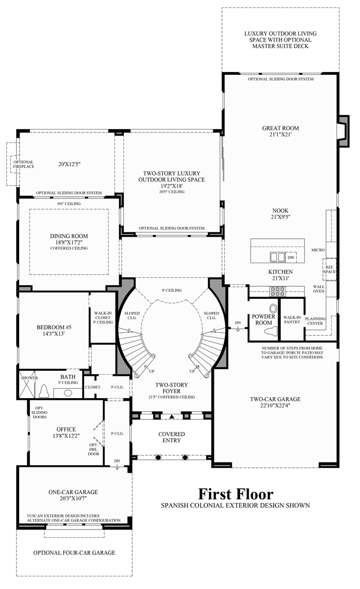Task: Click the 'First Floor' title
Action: [236, 494]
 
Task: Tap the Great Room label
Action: [280, 128]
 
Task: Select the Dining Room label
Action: [69, 236]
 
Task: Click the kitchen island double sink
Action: [278, 256]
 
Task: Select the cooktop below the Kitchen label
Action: [278, 290]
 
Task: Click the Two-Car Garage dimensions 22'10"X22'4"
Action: [275, 406]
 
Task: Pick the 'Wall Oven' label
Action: [319, 289]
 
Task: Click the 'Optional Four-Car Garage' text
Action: [74, 552]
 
